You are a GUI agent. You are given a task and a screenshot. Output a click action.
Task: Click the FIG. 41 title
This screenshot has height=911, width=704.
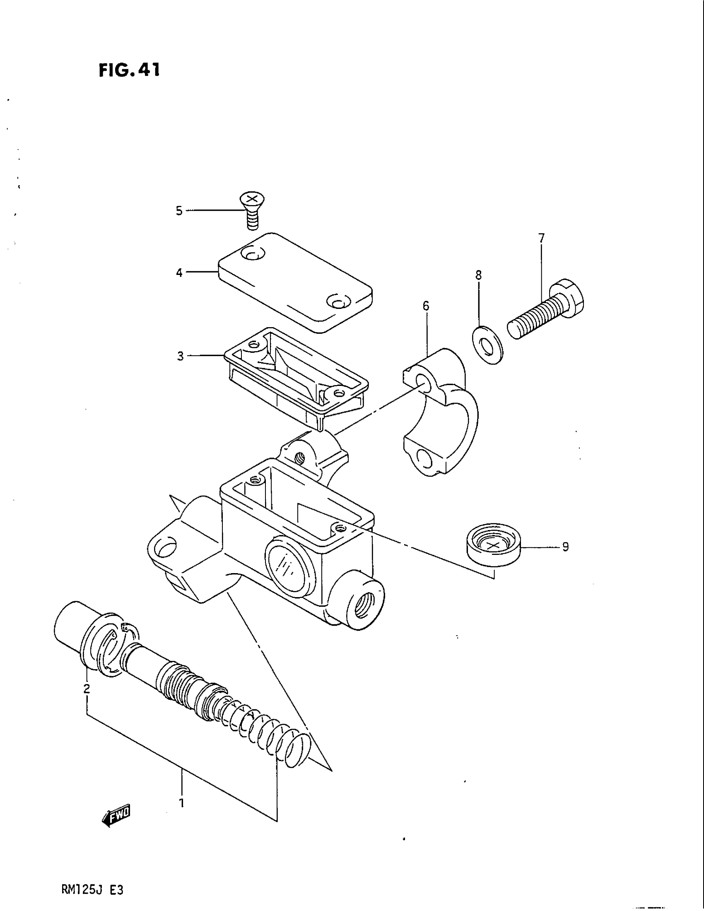point(129,70)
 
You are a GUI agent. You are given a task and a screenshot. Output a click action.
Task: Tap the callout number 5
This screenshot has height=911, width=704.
point(179,211)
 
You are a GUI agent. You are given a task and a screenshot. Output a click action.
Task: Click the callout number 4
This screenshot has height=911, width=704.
point(179,273)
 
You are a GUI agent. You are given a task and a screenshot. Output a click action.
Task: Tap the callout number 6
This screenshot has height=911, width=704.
point(425,306)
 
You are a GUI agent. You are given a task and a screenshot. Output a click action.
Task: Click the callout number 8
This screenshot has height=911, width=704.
point(478,275)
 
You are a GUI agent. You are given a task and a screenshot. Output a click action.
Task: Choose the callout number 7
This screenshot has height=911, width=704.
point(541,238)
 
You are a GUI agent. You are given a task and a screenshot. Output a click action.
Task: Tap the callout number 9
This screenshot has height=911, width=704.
point(566,547)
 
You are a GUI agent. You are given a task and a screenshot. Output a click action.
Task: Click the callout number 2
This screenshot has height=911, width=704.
point(86,689)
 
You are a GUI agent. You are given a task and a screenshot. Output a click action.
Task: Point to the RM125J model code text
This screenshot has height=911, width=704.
point(92,889)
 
